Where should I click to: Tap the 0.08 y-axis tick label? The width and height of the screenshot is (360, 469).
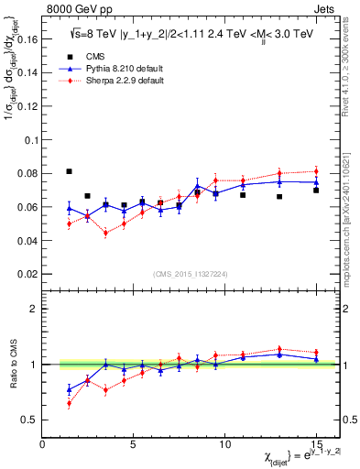pos(26,174)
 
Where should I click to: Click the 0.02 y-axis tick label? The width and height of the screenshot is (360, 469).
pos(26,274)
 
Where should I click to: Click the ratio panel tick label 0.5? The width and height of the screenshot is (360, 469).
pos(27,420)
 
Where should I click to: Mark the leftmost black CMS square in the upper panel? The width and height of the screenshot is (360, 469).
pos(70,171)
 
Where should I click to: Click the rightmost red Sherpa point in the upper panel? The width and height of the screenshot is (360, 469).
pos(316,171)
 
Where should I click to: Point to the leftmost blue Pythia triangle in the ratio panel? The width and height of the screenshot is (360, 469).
pos(70,389)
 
